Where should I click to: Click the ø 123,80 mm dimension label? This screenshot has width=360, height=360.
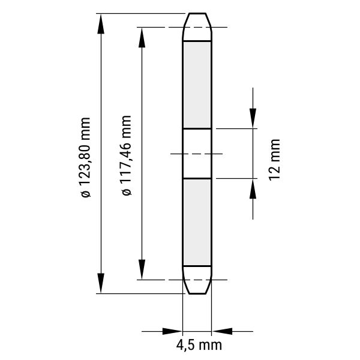click(x=86, y=157)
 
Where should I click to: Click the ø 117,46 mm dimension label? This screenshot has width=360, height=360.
click(x=127, y=155)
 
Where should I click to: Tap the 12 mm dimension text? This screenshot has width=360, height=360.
click(x=275, y=160)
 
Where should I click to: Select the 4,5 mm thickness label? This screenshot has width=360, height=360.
click(x=199, y=345)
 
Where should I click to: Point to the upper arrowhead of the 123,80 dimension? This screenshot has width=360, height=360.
click(x=101, y=23)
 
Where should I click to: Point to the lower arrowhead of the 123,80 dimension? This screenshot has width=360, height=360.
click(x=101, y=283)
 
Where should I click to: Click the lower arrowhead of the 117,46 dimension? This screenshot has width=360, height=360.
click(x=142, y=269)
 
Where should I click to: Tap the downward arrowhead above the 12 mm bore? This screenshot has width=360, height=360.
click(x=253, y=118)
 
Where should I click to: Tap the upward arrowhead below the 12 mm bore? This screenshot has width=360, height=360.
click(x=253, y=189)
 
